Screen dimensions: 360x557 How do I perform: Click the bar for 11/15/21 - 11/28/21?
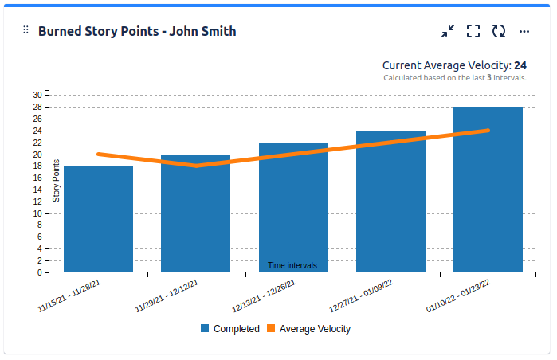(98, 219)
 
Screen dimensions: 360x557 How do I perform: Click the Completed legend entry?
(229, 328)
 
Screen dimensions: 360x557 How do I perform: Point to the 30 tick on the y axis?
(37, 95)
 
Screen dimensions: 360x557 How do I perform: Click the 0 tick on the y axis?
(39, 272)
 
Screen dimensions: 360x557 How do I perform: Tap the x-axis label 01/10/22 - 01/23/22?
(459, 295)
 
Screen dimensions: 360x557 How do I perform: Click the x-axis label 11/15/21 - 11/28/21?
(70, 295)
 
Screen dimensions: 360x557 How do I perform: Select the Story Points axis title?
(56, 181)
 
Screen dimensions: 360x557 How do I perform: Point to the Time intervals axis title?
(292, 265)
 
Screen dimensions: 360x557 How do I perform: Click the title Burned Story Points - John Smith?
(136, 31)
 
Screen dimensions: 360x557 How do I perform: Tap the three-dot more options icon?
(524, 31)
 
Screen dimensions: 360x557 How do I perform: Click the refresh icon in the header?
(499, 31)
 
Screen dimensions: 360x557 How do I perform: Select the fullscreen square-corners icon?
(473, 31)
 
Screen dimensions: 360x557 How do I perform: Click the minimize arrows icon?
(448, 31)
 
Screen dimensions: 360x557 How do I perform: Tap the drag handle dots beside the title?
(25, 30)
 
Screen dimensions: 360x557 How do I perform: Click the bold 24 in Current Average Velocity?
(520, 65)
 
